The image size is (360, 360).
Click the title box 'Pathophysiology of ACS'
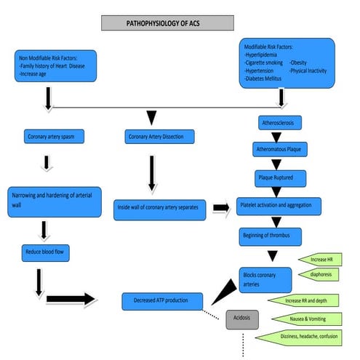pyautogui.click(x=167, y=23)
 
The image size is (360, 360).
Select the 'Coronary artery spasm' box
pyautogui.click(x=54, y=137)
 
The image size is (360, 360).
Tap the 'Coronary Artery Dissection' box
pyautogui.click(x=159, y=137)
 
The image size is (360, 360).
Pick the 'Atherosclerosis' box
pyautogui.click(x=280, y=123)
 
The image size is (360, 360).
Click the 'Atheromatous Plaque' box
pyautogui.click(x=280, y=149)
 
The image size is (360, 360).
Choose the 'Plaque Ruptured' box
pyautogui.click(x=281, y=178)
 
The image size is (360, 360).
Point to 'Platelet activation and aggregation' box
pyautogui.click(x=279, y=207)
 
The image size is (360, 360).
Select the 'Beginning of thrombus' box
pyautogui.click(x=271, y=237)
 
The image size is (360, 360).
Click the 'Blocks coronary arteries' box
pyautogui.click(x=265, y=280)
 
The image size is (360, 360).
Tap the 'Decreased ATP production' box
pyautogui.click(x=162, y=301)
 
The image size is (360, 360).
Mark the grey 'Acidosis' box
pyautogui.click(x=242, y=319)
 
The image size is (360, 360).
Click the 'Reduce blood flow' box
pyautogui.click(x=46, y=253)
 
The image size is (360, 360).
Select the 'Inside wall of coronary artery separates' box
pyautogui.click(x=160, y=210)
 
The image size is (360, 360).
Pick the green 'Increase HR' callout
pyautogui.click(x=320, y=260)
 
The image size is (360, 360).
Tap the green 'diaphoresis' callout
pyautogui.click(x=319, y=274)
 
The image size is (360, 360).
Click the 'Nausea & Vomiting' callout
pyautogui.click(x=307, y=319)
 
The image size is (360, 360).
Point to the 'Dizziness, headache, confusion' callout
pyautogui.click(x=299, y=337)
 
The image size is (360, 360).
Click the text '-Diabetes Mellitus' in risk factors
pyautogui.click(x=263, y=79)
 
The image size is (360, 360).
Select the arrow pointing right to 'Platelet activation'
pyautogui.click(x=221, y=208)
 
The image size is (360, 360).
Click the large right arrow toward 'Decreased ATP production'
pyautogui.click(x=71, y=299)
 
